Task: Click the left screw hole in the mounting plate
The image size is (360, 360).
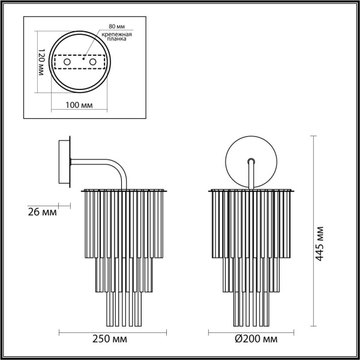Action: pyautogui.click(x=68, y=62)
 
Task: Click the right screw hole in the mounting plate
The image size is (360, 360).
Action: pyautogui.click(x=92, y=62)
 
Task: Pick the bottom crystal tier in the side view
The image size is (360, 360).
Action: pyautogui.click(x=124, y=306)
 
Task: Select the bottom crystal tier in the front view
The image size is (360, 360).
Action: pyautogui.click(x=250, y=306)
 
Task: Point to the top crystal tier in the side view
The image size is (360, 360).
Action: pyautogui.click(x=124, y=222)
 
